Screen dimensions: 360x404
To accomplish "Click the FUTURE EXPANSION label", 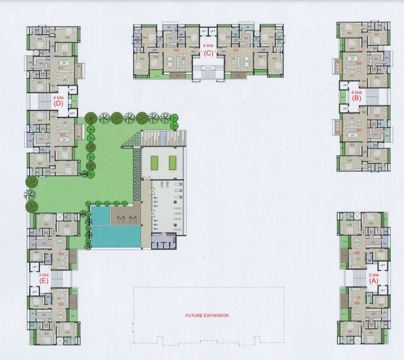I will point(206,315).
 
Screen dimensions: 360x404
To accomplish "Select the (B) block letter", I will point(356,98).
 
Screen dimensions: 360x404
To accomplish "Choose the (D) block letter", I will point(58,103).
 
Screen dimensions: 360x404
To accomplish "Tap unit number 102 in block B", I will point(358,63).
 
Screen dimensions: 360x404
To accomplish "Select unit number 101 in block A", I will point(357,303).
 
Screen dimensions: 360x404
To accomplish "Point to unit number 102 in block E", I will point(61,303).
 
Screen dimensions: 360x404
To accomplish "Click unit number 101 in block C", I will point(235,50).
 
